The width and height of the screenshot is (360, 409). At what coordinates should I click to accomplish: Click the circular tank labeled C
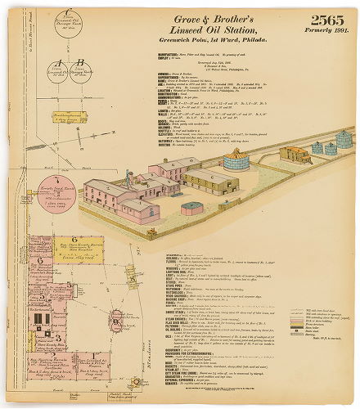(x=66, y=27)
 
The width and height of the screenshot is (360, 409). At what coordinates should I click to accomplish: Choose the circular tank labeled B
(x=80, y=74)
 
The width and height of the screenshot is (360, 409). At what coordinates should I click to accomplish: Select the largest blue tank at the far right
(x=342, y=138)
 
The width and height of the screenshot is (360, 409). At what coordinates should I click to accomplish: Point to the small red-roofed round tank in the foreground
(x=192, y=208)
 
